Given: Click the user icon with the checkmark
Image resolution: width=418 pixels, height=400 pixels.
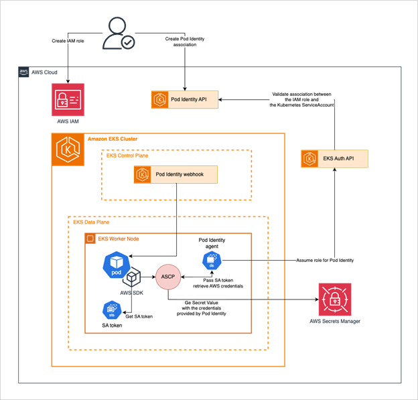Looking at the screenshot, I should tap(119, 34).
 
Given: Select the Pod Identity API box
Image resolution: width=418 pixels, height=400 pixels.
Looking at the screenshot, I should tap(185, 100).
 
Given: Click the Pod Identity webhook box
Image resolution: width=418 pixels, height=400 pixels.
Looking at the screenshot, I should tap(176, 175).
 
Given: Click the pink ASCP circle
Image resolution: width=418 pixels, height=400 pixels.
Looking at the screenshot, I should tap(168, 276).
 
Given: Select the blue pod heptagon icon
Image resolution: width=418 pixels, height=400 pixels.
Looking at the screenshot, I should tap(115, 265).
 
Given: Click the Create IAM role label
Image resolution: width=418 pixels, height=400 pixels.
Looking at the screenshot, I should tap(68, 41).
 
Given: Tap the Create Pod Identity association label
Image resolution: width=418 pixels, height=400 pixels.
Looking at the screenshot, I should tap(185, 42).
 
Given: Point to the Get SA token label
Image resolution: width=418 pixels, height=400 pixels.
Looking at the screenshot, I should tap(139, 316).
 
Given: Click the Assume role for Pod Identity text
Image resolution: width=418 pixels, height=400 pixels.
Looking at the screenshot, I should tap(326, 259).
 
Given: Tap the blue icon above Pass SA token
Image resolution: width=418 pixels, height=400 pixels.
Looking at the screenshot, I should tap(211, 261).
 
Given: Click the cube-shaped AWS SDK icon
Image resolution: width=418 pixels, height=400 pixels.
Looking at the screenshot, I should tap(133, 279).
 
